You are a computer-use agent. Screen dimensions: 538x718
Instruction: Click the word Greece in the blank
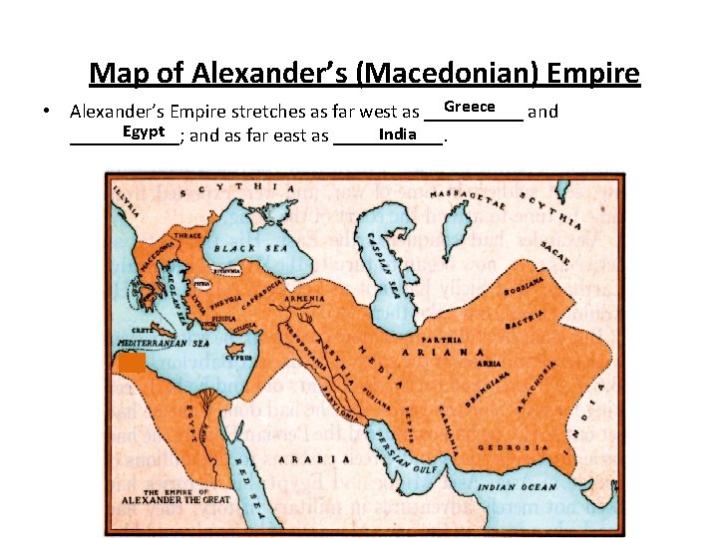(470, 107)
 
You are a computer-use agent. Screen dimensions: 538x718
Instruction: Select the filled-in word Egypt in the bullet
(144, 132)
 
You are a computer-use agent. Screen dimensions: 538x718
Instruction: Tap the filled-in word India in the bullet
(398, 134)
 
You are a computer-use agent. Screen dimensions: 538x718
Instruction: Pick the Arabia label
(314, 459)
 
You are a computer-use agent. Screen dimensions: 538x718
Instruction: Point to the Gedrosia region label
(514, 447)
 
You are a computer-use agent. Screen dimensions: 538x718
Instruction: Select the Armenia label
(303, 298)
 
